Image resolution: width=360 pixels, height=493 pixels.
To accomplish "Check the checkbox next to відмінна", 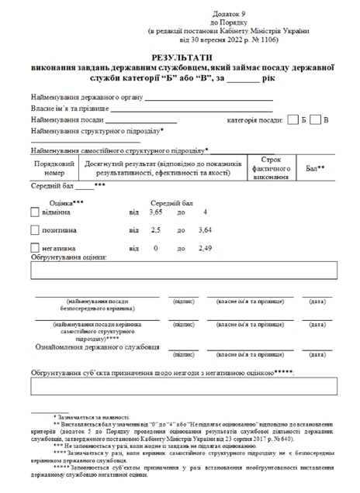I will [x=33, y=212].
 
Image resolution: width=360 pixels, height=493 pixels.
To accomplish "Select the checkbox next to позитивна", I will [x=33, y=229].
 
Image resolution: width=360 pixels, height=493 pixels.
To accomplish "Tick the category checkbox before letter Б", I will [x=292, y=119].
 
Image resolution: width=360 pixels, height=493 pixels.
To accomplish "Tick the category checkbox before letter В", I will [x=316, y=119].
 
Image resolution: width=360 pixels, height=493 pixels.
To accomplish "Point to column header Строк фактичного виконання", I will [x=271, y=168].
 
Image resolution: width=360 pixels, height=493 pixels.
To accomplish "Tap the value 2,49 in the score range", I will [x=205, y=248].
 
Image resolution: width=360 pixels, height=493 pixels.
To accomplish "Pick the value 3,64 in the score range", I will [x=205, y=230].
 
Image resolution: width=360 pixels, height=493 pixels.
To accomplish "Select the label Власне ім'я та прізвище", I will [x=71, y=109].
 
